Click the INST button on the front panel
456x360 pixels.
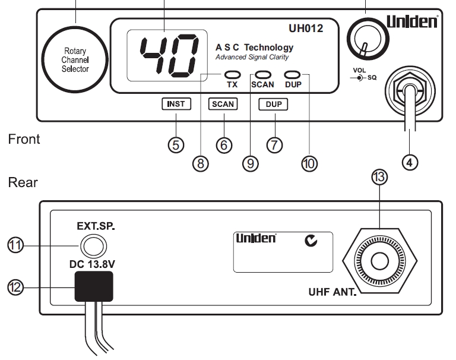coord(176,104)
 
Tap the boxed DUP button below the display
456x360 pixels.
coord(274,104)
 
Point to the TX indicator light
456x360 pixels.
coord(232,74)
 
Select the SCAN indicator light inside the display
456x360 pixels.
coord(262,74)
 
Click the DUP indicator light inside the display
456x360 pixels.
coord(292,74)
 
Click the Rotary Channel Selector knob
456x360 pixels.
coord(76,60)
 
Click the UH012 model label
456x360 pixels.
coord(307,28)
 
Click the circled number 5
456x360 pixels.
coord(176,145)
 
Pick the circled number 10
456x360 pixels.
coord(309,164)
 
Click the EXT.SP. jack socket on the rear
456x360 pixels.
coord(91,244)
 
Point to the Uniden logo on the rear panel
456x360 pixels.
coord(256,239)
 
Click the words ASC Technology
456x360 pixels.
coord(254,48)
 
